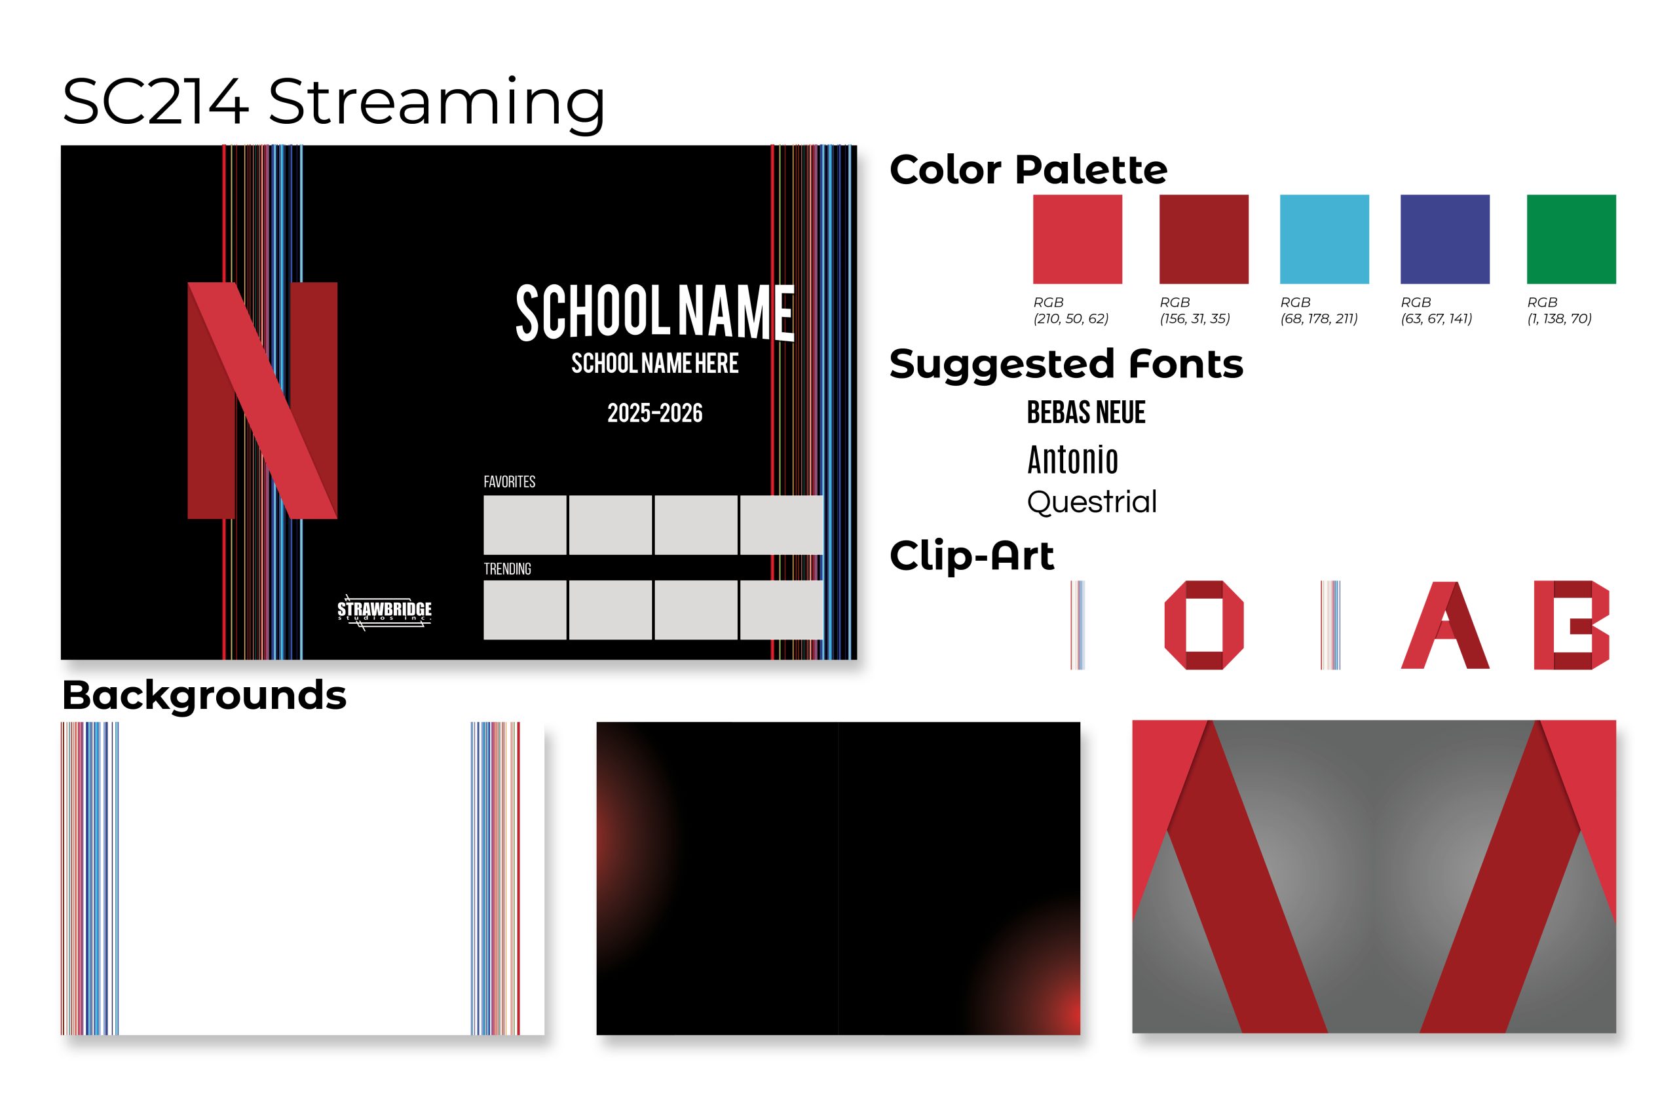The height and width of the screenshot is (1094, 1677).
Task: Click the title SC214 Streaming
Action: [x=333, y=102]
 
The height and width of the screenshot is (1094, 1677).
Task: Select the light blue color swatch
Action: [x=1324, y=239]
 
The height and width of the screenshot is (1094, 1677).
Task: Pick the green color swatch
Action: [x=1572, y=239]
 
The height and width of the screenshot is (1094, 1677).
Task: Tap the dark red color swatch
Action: [x=1203, y=239]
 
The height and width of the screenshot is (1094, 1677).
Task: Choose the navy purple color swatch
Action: [x=1444, y=239]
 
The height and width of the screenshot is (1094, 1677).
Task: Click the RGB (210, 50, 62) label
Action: [x=1070, y=310]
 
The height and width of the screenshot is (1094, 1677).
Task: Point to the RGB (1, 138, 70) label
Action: [x=1558, y=310]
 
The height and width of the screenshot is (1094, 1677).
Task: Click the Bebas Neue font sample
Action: [x=1086, y=412]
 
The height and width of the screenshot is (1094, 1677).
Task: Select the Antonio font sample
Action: [x=1072, y=460]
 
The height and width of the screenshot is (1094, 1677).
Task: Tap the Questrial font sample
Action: [x=1091, y=502]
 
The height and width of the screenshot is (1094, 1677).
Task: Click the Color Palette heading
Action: [x=1028, y=170]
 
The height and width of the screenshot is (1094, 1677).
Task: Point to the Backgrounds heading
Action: [x=204, y=695]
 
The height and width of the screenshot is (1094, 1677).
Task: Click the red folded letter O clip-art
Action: [x=1203, y=624]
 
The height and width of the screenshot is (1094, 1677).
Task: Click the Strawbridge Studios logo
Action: [x=384, y=611]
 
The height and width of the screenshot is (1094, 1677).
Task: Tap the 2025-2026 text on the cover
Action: [x=654, y=413]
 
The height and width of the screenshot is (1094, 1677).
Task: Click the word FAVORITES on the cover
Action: [x=509, y=482]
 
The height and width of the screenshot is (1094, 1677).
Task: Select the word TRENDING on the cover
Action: [x=506, y=569]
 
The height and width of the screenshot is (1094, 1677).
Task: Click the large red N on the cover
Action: [x=262, y=400]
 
